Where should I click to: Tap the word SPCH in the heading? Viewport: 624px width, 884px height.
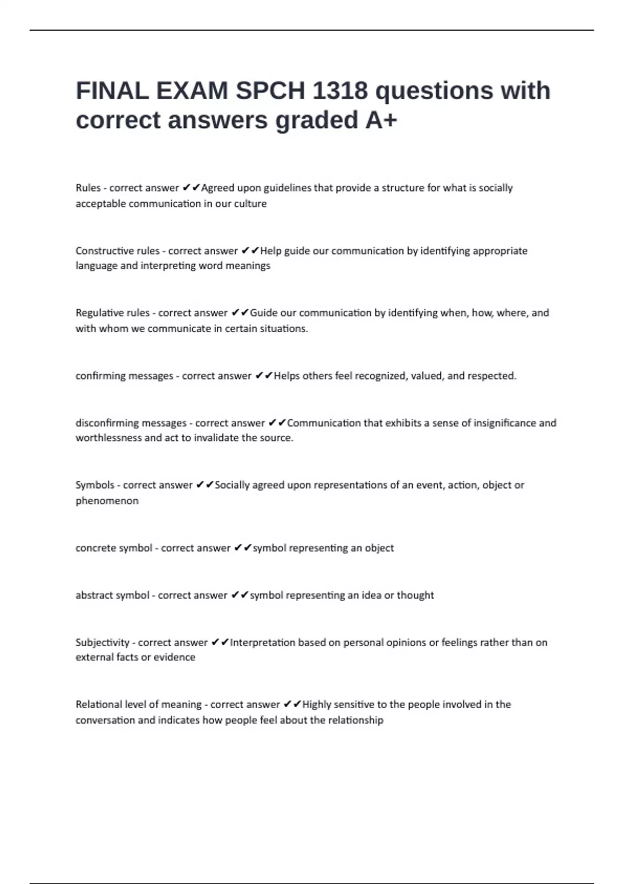coord(270,91)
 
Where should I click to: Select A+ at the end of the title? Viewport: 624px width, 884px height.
coord(381,121)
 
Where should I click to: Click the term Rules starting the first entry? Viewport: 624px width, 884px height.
coord(88,188)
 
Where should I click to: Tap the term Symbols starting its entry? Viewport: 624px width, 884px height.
coord(95,485)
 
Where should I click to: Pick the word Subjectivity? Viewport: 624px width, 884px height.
coord(102,643)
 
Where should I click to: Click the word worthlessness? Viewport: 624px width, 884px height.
coord(108,438)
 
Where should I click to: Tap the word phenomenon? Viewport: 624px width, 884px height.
coord(107,501)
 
